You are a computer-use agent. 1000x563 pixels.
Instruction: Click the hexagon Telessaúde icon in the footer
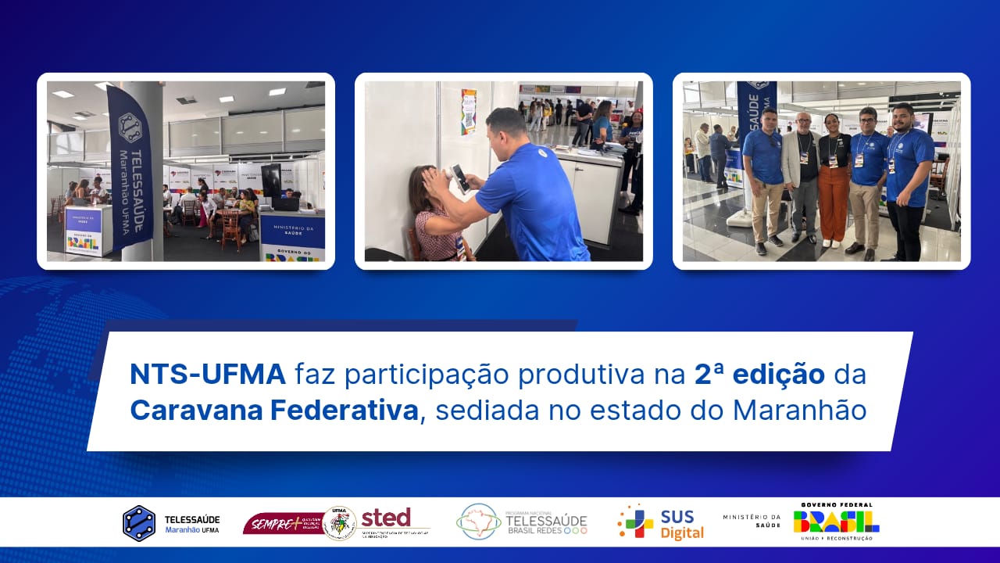coord(138,523)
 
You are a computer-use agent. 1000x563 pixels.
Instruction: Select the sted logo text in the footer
coord(386,518)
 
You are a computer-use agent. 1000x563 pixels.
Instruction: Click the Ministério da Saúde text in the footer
coord(752,521)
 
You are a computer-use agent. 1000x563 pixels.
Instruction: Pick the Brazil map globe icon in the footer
coord(478,522)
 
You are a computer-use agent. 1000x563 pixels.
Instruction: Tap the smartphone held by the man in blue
coord(461,179)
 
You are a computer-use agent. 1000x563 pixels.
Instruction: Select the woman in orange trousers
coord(832,180)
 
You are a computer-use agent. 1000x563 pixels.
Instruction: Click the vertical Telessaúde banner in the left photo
coord(130,168)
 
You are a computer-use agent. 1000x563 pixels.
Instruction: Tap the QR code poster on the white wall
coord(469,111)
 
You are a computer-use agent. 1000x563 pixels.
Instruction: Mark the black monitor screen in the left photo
coord(271,181)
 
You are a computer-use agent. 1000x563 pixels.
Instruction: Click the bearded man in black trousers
coord(909,180)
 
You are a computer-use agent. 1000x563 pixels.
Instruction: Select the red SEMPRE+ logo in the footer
coord(281,523)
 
